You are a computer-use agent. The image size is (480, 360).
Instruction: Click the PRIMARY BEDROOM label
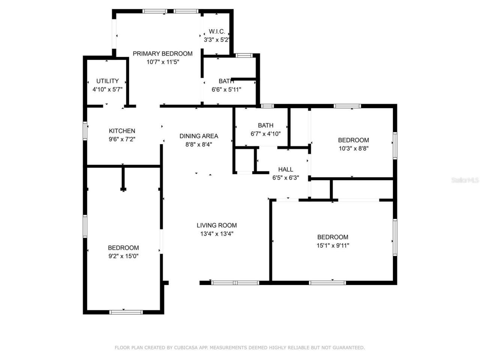(162, 54)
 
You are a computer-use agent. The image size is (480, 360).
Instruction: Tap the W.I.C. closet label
(217, 31)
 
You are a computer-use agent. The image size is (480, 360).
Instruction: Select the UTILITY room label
(108, 81)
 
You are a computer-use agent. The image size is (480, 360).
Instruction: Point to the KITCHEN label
(122, 131)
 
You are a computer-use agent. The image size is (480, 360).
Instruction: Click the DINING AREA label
(199, 136)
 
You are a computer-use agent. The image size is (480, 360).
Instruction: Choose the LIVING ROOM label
(217, 225)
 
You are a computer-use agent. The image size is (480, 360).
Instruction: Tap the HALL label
(285, 169)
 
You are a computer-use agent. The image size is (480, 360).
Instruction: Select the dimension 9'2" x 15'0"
(123, 256)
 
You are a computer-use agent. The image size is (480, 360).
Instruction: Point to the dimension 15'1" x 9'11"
(333, 246)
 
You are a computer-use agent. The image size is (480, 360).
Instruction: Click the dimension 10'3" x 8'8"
(353, 148)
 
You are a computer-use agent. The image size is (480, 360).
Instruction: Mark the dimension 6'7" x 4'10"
(265, 134)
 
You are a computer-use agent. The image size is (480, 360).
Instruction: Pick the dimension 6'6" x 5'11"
(226, 90)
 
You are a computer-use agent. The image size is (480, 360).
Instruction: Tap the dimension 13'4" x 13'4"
(217, 234)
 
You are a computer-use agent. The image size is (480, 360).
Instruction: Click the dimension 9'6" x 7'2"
(122, 139)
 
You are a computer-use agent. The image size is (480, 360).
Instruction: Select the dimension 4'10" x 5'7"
(108, 90)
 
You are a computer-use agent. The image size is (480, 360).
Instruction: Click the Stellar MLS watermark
(465, 180)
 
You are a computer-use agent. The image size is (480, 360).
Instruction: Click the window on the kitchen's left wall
(85, 131)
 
